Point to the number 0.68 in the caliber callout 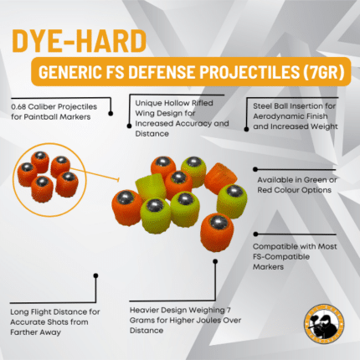pos(21,108)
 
